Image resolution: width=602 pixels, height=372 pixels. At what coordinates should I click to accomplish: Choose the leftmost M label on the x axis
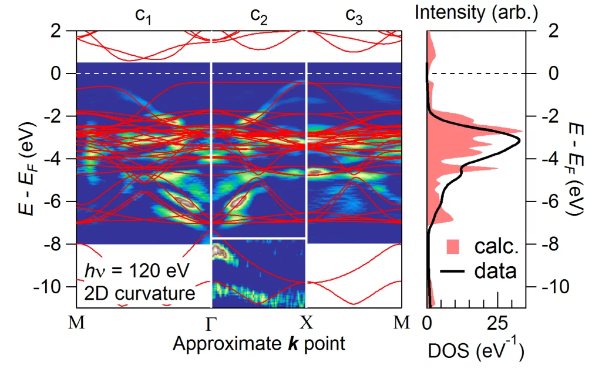77,323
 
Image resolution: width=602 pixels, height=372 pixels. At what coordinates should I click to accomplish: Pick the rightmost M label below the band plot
402,323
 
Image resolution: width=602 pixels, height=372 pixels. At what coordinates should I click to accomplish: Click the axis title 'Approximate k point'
258,344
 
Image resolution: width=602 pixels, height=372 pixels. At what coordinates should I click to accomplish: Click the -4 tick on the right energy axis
549,159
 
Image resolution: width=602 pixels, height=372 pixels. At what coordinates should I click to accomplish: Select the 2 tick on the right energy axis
551,31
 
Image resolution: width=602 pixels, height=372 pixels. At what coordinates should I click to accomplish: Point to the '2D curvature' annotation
139,293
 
